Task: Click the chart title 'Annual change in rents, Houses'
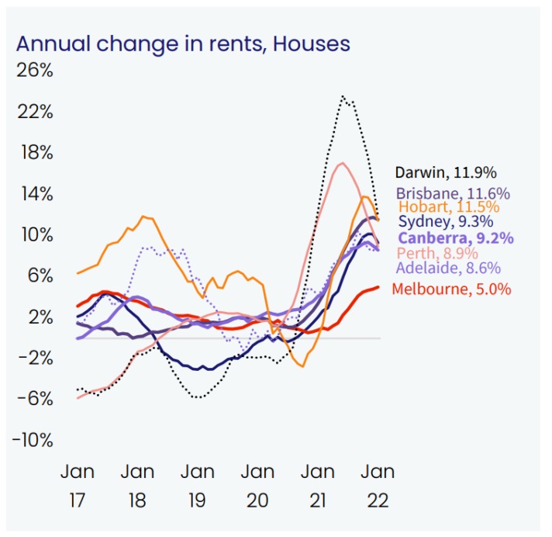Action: [x=183, y=42]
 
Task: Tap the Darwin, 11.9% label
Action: [x=446, y=171]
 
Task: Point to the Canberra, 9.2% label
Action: [x=454, y=238]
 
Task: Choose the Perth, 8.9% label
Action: [x=436, y=253]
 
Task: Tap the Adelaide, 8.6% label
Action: [x=447, y=268]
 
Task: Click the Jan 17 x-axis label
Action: [x=78, y=485]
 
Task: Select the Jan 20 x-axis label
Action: [x=257, y=485]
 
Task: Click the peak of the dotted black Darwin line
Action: [x=342, y=96]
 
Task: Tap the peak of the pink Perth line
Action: [x=342, y=163]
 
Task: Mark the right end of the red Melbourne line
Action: [x=378, y=286]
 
